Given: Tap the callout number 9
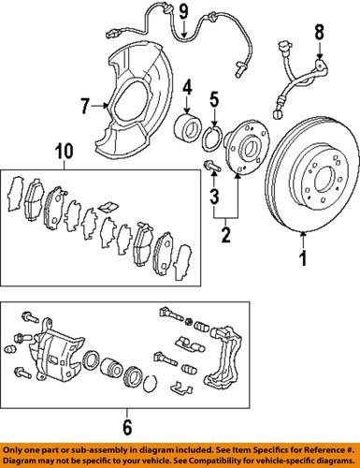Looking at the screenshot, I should pos(184,12).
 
